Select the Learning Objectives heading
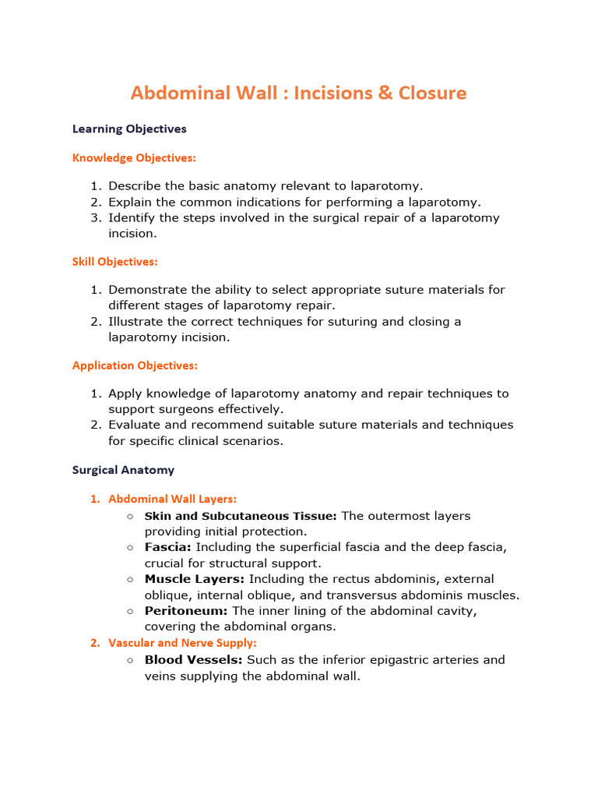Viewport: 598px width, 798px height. [129, 129]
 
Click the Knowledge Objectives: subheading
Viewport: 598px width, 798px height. [134, 158]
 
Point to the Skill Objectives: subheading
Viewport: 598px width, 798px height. [114, 262]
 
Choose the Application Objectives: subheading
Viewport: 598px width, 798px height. [135, 365]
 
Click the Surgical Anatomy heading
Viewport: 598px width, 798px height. [123, 470]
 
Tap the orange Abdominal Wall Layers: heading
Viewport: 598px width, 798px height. [172, 499]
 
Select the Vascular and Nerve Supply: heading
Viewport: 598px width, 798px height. [182, 643]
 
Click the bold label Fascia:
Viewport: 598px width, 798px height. [167, 547]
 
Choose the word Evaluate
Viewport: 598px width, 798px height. [135, 425]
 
